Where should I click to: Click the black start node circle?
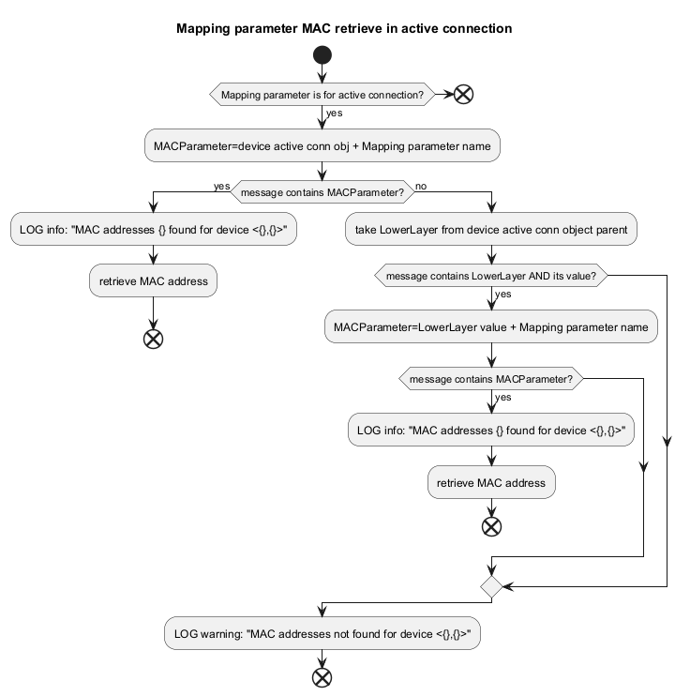pos(322,55)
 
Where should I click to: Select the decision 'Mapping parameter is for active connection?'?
pos(322,94)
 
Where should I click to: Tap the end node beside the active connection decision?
pos(463,94)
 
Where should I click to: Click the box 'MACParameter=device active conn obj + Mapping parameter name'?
pos(322,145)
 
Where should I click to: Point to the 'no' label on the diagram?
pos(421,186)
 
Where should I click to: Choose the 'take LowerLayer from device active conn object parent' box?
pos(491,229)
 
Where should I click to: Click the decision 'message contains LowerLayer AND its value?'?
pos(491,276)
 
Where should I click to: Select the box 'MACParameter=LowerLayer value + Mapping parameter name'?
pos(491,326)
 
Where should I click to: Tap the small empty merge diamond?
pos(491,587)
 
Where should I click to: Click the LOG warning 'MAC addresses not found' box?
pos(322,633)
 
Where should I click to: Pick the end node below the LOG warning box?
pos(322,678)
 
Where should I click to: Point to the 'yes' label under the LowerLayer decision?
pos(502,294)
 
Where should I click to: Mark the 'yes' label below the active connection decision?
pos(334,113)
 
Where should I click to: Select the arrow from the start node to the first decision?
pos(322,74)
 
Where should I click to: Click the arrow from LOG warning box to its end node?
pos(322,659)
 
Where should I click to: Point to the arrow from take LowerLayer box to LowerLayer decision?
pos(491,255)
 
